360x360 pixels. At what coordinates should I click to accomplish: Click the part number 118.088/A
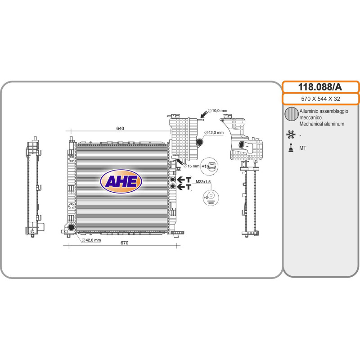[320, 87]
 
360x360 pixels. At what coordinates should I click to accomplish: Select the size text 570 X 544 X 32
[320, 99]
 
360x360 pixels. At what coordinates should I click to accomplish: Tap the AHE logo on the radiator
[121, 181]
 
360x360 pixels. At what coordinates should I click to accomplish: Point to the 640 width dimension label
[120, 128]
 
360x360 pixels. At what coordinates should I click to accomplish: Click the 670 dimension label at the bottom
[125, 243]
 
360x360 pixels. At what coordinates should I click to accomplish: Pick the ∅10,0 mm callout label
[217, 111]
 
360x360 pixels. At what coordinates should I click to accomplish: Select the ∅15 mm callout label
[192, 166]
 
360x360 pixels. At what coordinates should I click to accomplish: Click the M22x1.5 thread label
[203, 182]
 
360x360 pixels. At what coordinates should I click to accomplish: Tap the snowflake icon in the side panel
[291, 135]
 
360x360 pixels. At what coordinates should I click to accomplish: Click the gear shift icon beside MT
[291, 148]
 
